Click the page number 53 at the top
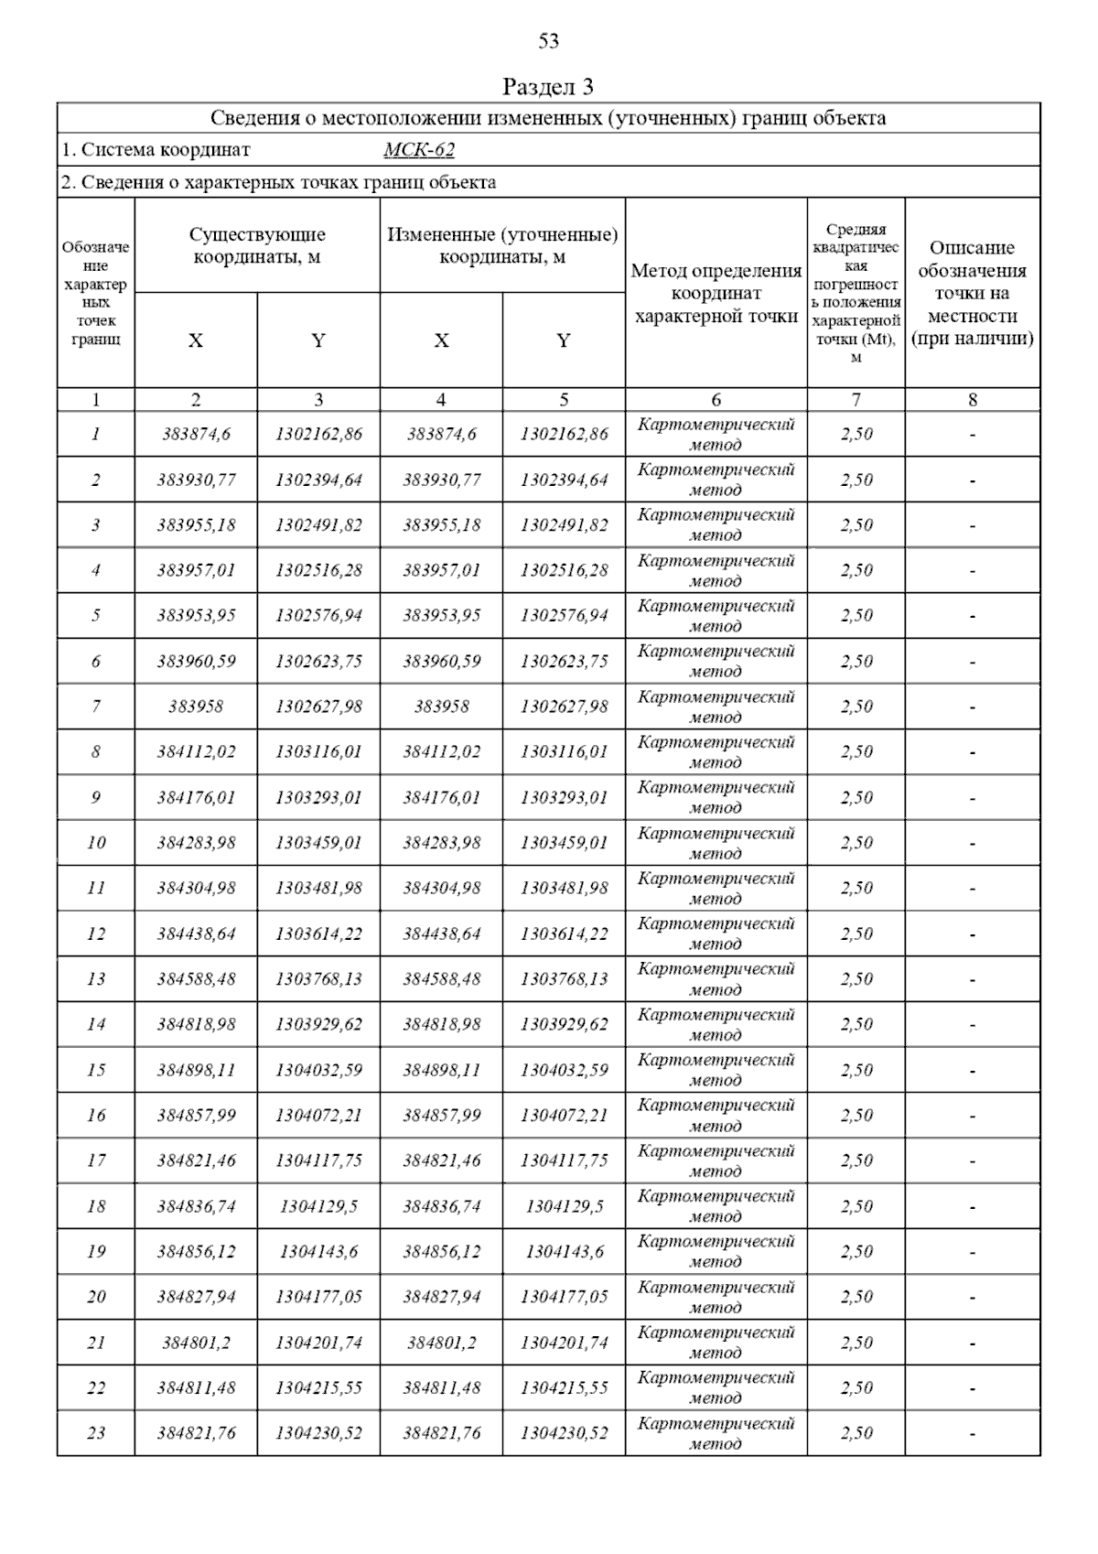click(548, 40)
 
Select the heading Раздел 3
click(548, 87)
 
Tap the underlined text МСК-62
click(419, 150)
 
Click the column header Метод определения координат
click(716, 294)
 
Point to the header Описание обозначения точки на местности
click(972, 293)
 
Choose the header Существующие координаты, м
click(257, 246)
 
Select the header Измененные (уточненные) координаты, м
click(502, 246)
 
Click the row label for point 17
click(96, 1160)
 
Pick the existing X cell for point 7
click(196, 707)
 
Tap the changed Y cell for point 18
click(564, 1206)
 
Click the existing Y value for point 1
click(318, 434)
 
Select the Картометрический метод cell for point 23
click(716, 1433)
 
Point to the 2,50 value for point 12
click(856, 933)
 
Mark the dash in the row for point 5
click(972, 616)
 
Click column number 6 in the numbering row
click(716, 399)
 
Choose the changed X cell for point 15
click(441, 1070)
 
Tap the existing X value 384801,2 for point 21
click(196, 1343)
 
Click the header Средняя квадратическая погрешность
click(856, 293)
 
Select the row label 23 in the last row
click(96, 1433)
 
